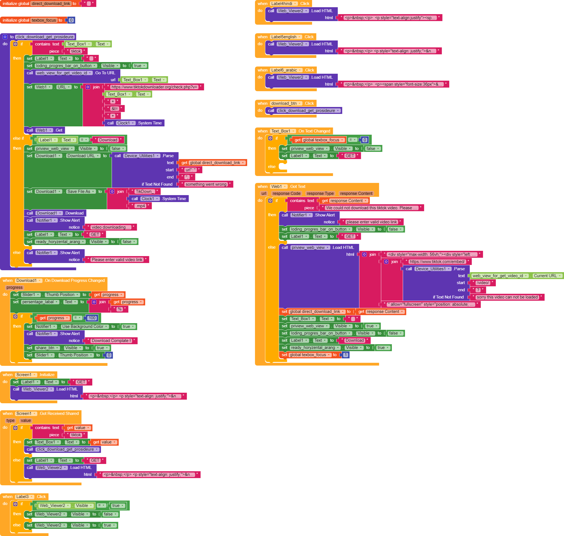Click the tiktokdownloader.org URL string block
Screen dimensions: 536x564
154,87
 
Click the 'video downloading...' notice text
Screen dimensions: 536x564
111,228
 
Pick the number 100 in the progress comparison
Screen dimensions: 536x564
92,318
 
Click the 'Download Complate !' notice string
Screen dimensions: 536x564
111,341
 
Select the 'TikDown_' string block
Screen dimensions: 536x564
145,192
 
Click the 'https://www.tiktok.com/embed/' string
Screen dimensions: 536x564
437,262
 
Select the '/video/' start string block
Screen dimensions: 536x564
483,283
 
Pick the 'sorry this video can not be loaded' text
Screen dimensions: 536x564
507,297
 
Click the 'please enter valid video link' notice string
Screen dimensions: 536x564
371,222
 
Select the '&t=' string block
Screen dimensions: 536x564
114,109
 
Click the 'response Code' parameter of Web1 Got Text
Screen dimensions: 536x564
286,194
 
